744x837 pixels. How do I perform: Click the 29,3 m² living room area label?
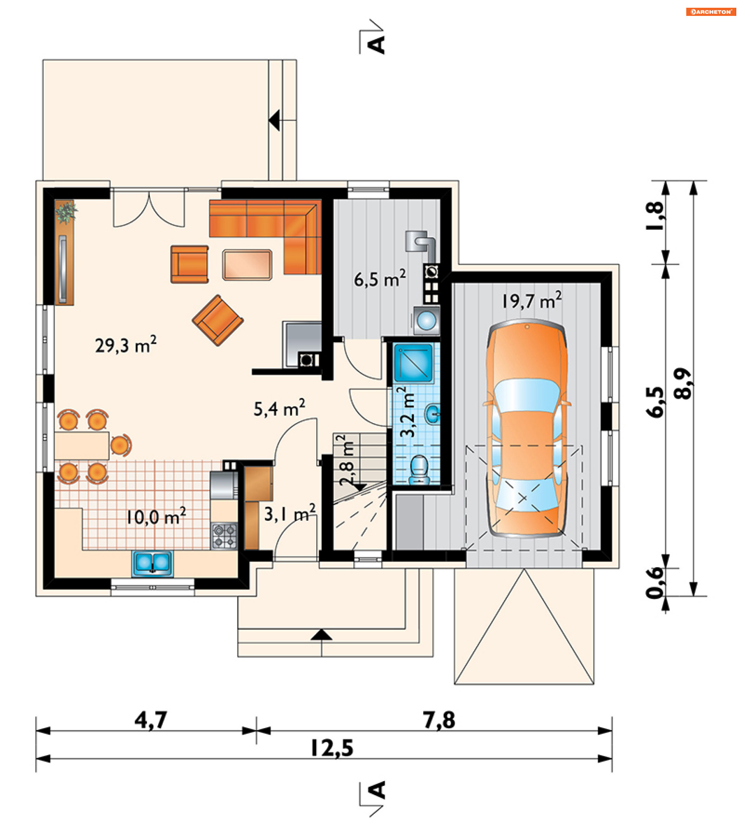(x=126, y=345)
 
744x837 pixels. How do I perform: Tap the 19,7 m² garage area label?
(x=532, y=301)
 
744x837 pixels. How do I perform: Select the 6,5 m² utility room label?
(x=380, y=279)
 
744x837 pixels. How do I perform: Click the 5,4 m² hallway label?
(x=279, y=408)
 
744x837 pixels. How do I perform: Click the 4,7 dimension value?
(x=151, y=720)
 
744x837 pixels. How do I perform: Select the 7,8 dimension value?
(x=439, y=720)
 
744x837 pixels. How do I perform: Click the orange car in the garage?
(x=527, y=428)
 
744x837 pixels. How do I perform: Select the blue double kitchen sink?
(x=152, y=563)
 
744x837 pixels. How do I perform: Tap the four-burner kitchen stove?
(x=224, y=536)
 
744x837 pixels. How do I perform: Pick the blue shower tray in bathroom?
(x=413, y=362)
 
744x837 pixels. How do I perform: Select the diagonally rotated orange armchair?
(x=218, y=320)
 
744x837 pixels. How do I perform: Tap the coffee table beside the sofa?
(x=247, y=265)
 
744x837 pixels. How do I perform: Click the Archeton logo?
(x=711, y=12)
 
